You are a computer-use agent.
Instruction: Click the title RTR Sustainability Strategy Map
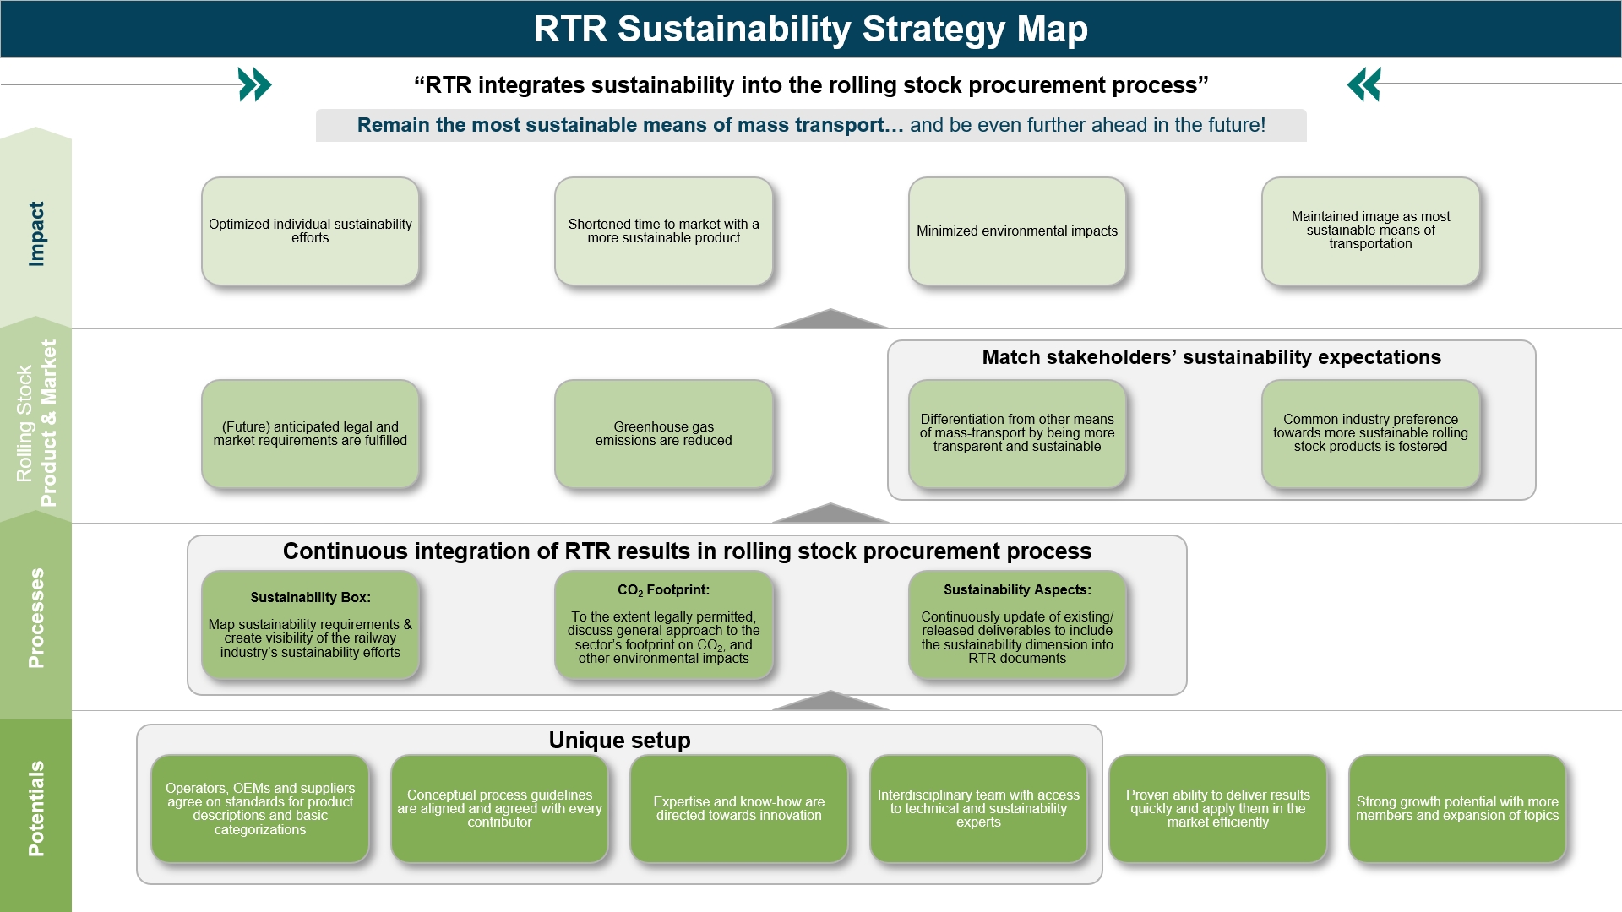coord(810,29)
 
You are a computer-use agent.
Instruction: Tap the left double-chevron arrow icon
coord(254,84)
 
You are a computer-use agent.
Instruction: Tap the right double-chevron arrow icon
coord(1364,84)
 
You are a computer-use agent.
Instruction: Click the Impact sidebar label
coord(36,234)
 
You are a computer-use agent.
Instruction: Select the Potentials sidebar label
coord(36,808)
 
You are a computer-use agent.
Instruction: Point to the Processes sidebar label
coord(36,617)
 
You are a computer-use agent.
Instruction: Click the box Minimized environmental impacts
coord(1016,231)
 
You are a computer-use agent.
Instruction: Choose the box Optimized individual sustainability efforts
coord(310,231)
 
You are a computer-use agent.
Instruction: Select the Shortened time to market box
coord(663,231)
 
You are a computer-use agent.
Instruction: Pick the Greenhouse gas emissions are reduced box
coord(663,433)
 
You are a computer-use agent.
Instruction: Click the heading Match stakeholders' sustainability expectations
coord(1211,357)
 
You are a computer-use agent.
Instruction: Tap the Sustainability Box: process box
coord(310,625)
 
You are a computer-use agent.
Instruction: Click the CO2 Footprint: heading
coord(663,590)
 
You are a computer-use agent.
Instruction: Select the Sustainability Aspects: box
coord(1016,625)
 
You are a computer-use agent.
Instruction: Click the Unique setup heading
coord(619,740)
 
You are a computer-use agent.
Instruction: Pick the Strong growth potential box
coord(1456,808)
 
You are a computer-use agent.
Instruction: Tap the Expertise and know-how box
coord(738,808)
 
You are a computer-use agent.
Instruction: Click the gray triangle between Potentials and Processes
coord(830,702)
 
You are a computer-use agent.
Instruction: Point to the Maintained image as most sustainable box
coord(1369,231)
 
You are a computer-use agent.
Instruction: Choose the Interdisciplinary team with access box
coord(977,808)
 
